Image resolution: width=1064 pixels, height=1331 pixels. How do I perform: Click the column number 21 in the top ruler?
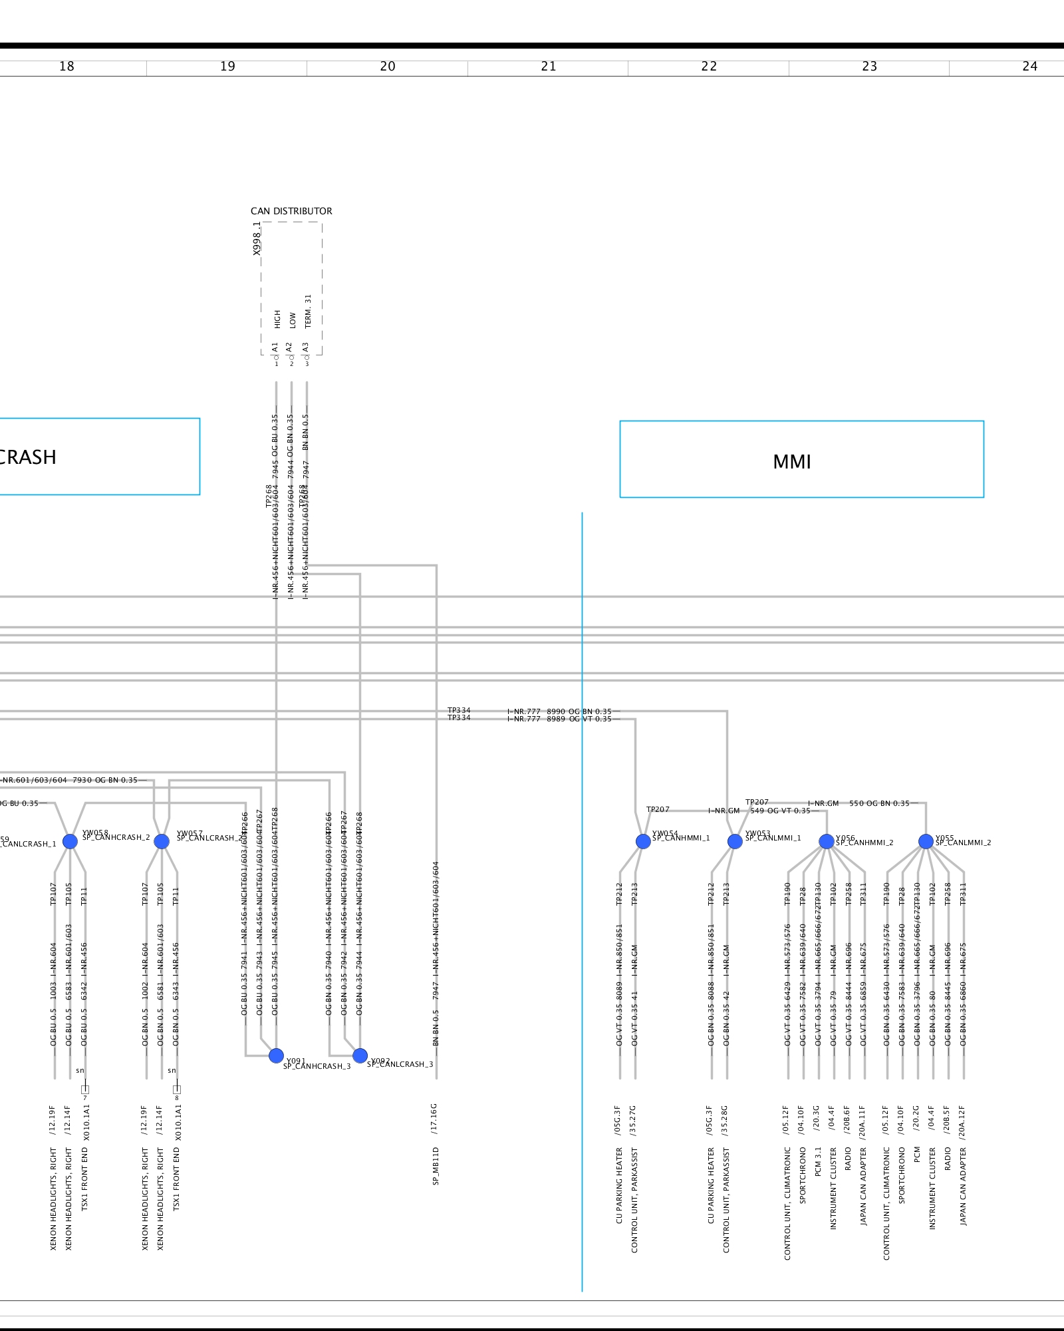point(548,67)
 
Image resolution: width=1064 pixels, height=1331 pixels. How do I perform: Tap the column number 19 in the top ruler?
point(227,67)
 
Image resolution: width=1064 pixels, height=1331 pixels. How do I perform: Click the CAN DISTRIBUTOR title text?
point(291,211)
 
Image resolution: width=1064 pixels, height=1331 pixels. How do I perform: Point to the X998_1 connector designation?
point(257,238)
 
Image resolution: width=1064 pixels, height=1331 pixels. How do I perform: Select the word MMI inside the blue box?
point(791,462)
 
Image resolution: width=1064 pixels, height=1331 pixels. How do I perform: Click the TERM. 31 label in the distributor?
point(308,311)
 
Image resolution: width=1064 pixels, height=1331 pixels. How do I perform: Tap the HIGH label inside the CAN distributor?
point(277,319)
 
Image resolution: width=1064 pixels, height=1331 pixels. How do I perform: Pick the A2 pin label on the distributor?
point(289,347)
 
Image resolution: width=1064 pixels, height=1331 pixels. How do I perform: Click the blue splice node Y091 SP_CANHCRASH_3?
point(276,1055)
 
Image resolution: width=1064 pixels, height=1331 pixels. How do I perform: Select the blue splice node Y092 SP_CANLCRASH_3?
point(360,1055)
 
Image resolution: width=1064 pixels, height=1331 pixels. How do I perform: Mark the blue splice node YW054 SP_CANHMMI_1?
point(643,841)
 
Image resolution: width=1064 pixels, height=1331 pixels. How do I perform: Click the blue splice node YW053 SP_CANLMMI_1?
point(735,841)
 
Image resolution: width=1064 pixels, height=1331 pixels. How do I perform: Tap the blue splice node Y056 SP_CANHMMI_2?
point(827,841)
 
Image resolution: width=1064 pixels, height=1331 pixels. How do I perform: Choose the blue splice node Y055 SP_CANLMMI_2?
point(926,841)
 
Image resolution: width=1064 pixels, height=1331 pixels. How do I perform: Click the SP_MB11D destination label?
point(436,1166)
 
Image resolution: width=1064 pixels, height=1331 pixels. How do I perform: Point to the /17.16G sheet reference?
point(434,1118)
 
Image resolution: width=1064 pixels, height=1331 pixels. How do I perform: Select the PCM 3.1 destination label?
point(819,1161)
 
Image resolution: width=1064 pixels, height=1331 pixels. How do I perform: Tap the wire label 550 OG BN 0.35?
point(879,803)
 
